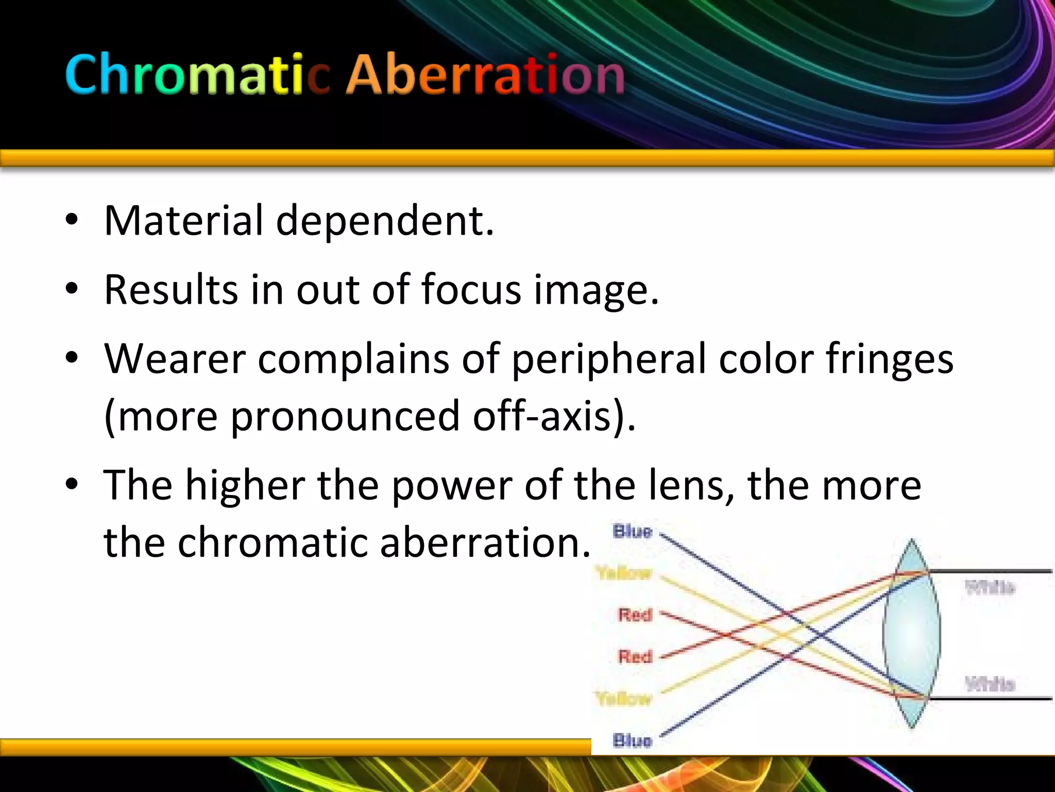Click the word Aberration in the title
point(485,75)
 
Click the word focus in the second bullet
point(471,289)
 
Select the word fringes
point(889,359)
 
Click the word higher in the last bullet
point(245,486)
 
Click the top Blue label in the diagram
point(633,531)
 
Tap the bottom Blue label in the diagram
point(633,740)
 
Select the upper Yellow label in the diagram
point(624,573)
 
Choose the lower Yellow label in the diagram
point(624,699)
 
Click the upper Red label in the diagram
point(635,615)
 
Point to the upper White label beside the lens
point(990,587)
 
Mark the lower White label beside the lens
point(990,684)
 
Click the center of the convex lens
point(911,634)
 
